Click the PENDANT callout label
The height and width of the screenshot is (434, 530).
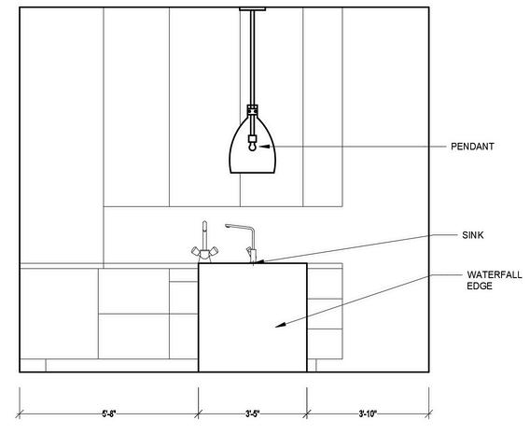[472, 147]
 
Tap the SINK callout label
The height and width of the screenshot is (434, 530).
[473, 235]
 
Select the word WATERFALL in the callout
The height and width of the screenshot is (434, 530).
[495, 274]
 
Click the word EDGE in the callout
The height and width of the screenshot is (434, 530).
[480, 286]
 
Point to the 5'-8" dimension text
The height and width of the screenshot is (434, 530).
[109, 413]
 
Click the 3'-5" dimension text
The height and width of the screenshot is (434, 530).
[253, 413]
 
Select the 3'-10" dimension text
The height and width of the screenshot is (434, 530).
[368, 413]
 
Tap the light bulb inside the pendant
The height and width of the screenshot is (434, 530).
[252, 147]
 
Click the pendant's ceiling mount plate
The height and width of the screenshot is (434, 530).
[252, 9]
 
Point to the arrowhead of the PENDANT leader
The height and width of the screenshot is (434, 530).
[265, 147]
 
